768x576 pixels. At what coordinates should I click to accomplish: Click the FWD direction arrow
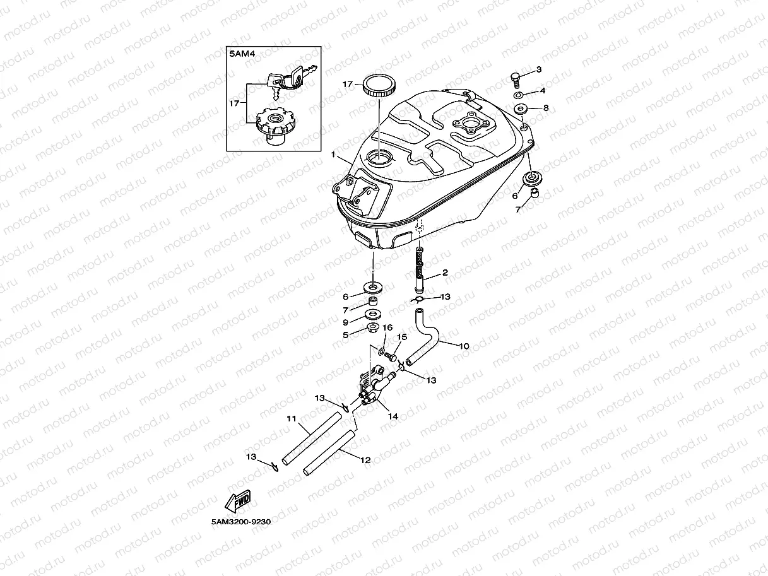(x=238, y=502)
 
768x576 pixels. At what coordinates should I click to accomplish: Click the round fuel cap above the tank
(x=378, y=85)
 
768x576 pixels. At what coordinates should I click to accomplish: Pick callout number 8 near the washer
(x=546, y=108)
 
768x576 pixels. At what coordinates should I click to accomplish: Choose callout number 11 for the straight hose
(x=292, y=418)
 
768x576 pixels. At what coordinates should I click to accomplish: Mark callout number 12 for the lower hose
(x=365, y=461)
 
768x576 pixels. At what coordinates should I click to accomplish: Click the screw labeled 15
(x=391, y=356)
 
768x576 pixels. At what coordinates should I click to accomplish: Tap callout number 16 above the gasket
(x=387, y=327)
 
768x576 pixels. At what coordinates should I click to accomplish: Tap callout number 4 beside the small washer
(x=542, y=91)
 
